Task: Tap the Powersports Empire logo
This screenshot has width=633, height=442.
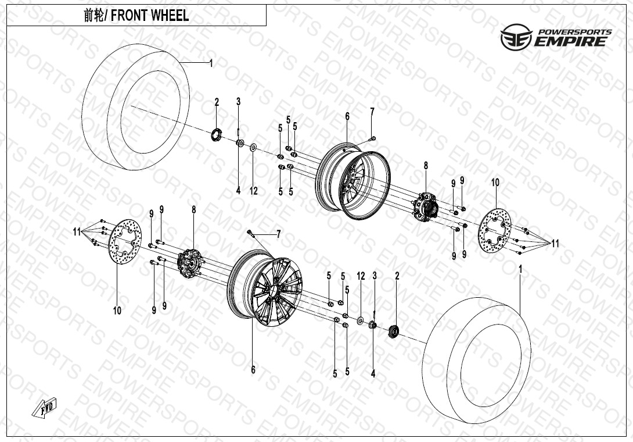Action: pos(556,37)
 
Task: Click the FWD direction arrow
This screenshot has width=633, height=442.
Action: pos(44,407)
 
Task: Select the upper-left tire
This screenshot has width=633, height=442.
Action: pos(136,107)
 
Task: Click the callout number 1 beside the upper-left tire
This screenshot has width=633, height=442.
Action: pos(211,63)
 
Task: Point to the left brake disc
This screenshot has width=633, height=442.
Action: pos(125,243)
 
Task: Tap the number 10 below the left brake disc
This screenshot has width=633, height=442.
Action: pos(117,310)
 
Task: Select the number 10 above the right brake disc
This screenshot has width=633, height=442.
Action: pos(495,183)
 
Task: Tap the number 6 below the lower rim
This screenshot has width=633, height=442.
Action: pos(253,370)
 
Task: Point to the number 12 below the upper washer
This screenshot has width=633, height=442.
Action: pos(254,191)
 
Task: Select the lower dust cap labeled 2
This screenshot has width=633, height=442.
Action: pos(394,331)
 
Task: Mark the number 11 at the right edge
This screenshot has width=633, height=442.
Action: pos(556,244)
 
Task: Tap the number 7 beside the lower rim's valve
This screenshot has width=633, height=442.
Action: pos(278,234)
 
